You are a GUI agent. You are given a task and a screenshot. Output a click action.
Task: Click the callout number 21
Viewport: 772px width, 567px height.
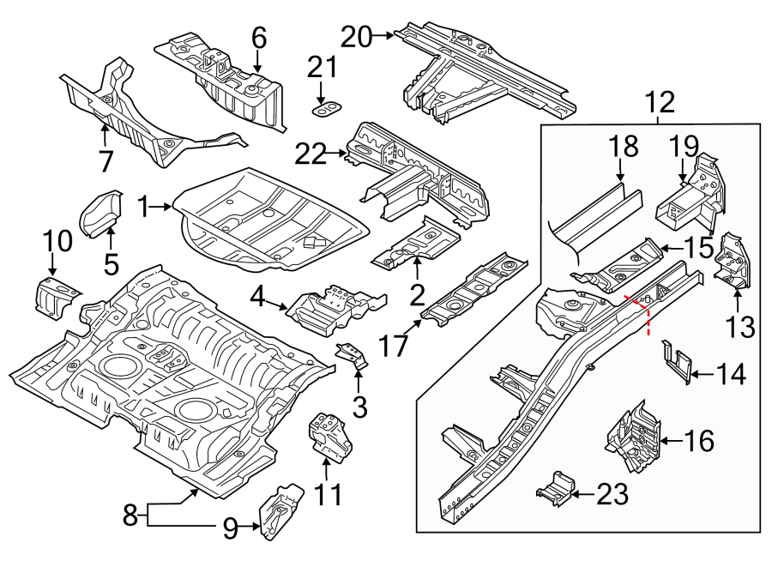tap(323, 66)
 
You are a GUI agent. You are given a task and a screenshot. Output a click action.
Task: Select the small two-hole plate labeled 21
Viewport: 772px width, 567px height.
tap(325, 108)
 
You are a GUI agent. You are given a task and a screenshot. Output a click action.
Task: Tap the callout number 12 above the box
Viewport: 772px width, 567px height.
tap(660, 104)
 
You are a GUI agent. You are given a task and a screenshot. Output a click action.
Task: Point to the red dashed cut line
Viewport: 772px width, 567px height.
tap(645, 314)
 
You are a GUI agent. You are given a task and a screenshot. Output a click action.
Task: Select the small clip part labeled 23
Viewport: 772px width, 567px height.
tap(555, 489)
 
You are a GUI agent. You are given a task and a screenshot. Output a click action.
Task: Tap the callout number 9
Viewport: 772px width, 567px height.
tap(230, 529)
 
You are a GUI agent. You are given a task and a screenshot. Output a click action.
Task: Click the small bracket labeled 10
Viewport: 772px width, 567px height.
tap(53, 295)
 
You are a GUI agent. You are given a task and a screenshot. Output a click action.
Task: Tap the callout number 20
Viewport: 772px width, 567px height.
tap(357, 37)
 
